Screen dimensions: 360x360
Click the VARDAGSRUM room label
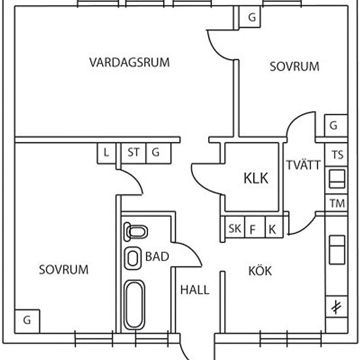coord(130,62)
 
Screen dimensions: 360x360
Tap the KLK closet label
coord(256,178)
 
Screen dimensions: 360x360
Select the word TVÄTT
coord(303,165)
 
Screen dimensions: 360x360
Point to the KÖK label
coord(260,271)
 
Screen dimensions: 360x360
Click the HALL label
coord(194,290)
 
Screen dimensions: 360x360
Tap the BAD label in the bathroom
coord(157,257)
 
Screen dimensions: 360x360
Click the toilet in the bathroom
coord(135,232)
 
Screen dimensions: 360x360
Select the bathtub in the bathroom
coord(134,305)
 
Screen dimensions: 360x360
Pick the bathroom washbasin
coord(133,258)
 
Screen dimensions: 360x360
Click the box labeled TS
coord(336,154)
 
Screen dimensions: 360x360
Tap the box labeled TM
coord(336,203)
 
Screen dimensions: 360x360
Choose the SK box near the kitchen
coord(235,227)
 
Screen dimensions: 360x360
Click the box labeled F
coord(255,227)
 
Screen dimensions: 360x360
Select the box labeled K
coord(274,227)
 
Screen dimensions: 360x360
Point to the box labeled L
coord(107,153)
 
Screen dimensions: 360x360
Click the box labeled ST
coord(134,153)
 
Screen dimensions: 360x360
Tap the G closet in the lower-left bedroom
coord(27,321)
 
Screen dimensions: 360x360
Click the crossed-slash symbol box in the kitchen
coord(336,307)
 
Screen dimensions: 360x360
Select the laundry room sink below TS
coord(337,179)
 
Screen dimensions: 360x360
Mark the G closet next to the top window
coord(250,17)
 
